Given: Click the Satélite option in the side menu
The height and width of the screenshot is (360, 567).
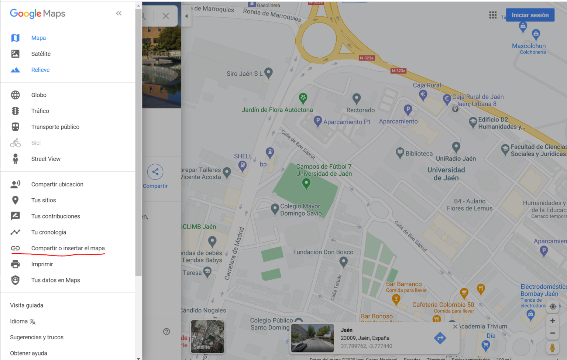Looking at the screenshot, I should [41, 54].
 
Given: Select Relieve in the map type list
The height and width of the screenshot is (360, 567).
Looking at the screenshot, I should [40, 70].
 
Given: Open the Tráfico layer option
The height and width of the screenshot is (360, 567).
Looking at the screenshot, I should [40, 111].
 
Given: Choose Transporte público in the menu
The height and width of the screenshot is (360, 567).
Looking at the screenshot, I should [55, 127].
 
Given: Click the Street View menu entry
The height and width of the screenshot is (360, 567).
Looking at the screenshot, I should [46, 159].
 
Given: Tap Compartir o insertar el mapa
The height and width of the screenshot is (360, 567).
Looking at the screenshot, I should [68, 248].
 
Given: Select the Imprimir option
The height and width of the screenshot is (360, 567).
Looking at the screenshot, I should [42, 264].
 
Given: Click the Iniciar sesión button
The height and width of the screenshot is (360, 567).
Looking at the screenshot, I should [530, 15].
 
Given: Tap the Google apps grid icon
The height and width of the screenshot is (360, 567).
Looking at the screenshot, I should [493, 15].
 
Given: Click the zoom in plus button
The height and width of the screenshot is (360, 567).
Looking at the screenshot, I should [552, 320].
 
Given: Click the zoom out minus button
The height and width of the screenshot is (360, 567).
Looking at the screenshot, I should [552, 333].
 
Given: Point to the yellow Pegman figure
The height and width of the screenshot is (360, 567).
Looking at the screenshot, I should [552, 347].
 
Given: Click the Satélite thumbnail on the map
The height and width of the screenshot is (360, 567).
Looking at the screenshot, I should [207, 336].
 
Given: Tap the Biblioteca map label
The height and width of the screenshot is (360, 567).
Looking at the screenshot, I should [419, 154].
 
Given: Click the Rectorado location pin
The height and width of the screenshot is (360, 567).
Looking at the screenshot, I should [356, 98].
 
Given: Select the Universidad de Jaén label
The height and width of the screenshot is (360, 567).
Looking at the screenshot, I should [446, 174].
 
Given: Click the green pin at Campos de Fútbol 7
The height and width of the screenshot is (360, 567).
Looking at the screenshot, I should [306, 183].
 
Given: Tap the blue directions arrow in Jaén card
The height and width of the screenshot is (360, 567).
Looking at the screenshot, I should [440, 338].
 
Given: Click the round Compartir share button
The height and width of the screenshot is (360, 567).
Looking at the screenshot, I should [155, 172].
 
